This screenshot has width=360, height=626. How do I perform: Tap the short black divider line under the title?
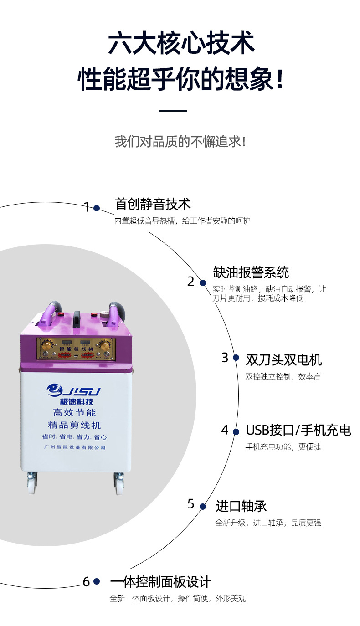pyautogui.click(x=173, y=111)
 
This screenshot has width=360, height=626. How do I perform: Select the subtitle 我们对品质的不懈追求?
pyautogui.click(x=180, y=141)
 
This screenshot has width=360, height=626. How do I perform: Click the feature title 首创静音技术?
pyautogui.click(x=153, y=204)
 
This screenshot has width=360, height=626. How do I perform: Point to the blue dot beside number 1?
pyautogui.click(x=97, y=208)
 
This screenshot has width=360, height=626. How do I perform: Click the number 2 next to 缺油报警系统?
pyautogui.click(x=191, y=282)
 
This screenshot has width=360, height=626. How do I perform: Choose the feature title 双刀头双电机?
pyautogui.click(x=283, y=360)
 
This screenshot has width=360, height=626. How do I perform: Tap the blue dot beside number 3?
pyautogui.click(x=236, y=358)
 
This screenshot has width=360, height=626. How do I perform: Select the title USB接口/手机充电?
pyautogui.click(x=298, y=430)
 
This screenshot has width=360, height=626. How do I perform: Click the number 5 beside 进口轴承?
pyautogui.click(x=191, y=504)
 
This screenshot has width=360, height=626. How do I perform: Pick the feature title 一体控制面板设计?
pyautogui.click(x=160, y=582)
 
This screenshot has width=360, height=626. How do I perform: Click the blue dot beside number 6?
pyautogui.click(x=97, y=581)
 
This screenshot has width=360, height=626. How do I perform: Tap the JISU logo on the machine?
pyautogui.click(x=73, y=390)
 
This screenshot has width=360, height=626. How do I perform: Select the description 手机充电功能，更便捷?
pyautogui.click(x=283, y=446)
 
